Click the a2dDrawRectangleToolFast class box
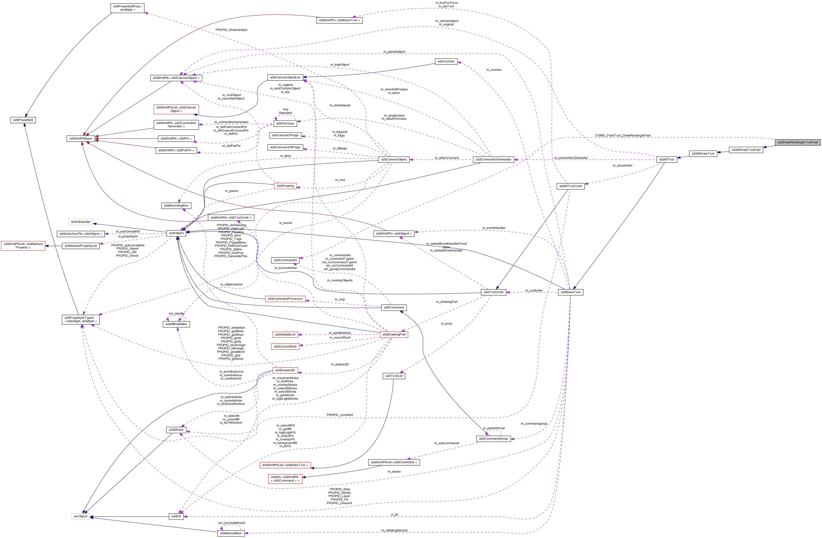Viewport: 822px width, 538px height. point(798,142)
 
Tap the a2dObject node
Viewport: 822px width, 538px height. point(176,233)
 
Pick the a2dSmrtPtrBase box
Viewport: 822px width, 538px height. point(81,139)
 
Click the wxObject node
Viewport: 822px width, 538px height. point(81,516)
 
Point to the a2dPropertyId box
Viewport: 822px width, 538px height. point(23,120)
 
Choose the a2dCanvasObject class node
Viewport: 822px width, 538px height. point(394,159)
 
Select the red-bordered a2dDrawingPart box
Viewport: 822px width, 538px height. point(394,334)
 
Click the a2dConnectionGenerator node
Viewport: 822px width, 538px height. point(493,159)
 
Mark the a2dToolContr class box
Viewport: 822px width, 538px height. point(494,292)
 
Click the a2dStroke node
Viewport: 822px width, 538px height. point(176,430)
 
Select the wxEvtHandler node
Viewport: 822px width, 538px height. point(81,222)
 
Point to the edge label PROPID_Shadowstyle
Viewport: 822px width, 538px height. point(231,30)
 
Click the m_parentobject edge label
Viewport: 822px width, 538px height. point(394,52)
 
